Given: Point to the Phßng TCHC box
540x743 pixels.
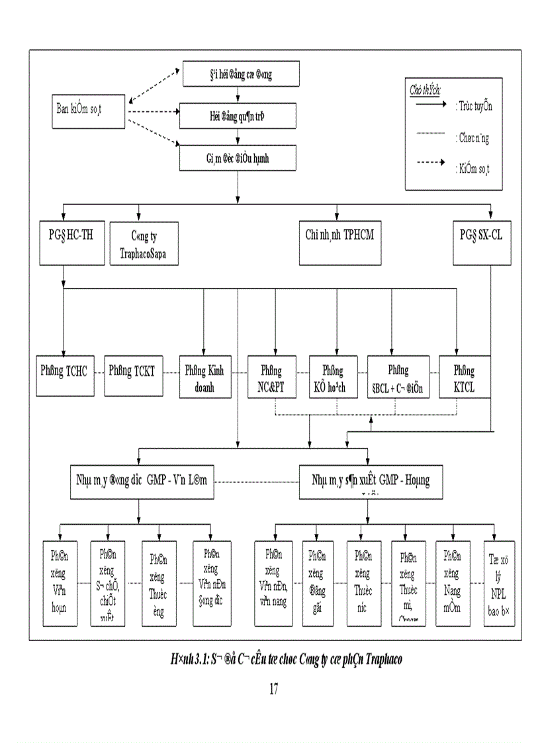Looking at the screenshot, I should [64, 376].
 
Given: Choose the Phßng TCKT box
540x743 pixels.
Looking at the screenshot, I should [132, 376].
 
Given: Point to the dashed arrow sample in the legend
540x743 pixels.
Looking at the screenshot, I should [430, 163].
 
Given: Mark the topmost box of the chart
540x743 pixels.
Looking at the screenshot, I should [240, 75].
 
